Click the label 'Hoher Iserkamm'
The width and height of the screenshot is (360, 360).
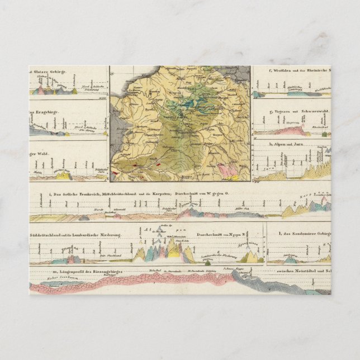tap(45, 278)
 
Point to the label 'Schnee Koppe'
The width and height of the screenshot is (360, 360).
tap(231, 268)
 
